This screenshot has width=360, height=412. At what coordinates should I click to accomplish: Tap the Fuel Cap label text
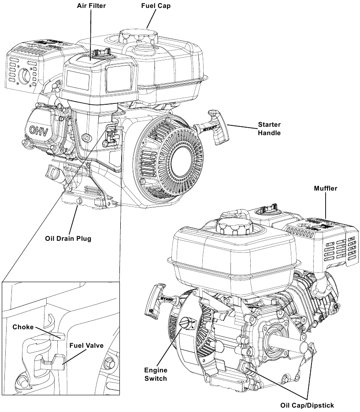(156, 7)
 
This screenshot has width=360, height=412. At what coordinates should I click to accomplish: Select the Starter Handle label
(269, 128)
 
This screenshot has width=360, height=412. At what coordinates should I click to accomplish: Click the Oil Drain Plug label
(68, 239)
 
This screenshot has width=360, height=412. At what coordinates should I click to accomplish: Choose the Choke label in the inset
(23, 327)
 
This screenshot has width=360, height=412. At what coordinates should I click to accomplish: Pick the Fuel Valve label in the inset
(86, 346)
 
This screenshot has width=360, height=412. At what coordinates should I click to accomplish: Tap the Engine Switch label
(156, 374)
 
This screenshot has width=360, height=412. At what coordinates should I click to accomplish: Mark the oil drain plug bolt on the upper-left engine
(80, 201)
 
